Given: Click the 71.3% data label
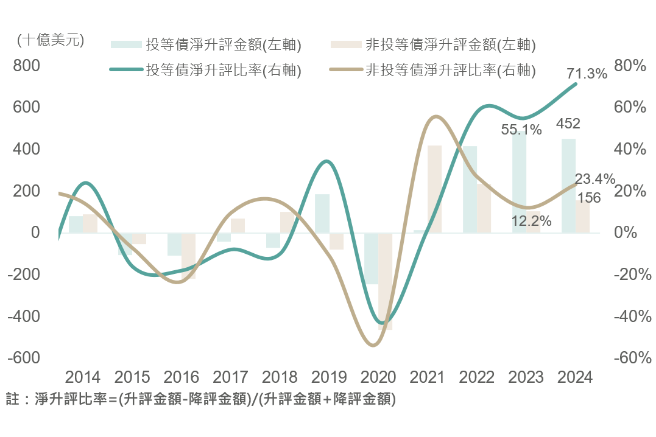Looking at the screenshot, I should [587, 74].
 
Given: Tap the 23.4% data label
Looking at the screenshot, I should [595, 179].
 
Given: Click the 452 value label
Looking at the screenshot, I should [568, 124].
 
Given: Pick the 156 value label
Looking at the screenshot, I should [589, 198].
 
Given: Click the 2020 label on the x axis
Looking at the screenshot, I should [378, 377].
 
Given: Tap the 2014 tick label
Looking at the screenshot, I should [83, 377].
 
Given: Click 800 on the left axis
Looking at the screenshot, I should [27, 66].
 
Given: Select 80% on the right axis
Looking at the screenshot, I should [629, 66].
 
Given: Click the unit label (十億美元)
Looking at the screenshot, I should [51, 41].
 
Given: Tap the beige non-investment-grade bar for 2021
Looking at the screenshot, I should [434, 189].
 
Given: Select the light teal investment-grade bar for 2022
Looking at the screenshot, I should [470, 189].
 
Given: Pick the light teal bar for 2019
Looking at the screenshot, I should [322, 213].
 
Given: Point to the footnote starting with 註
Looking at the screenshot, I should [201, 400].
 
